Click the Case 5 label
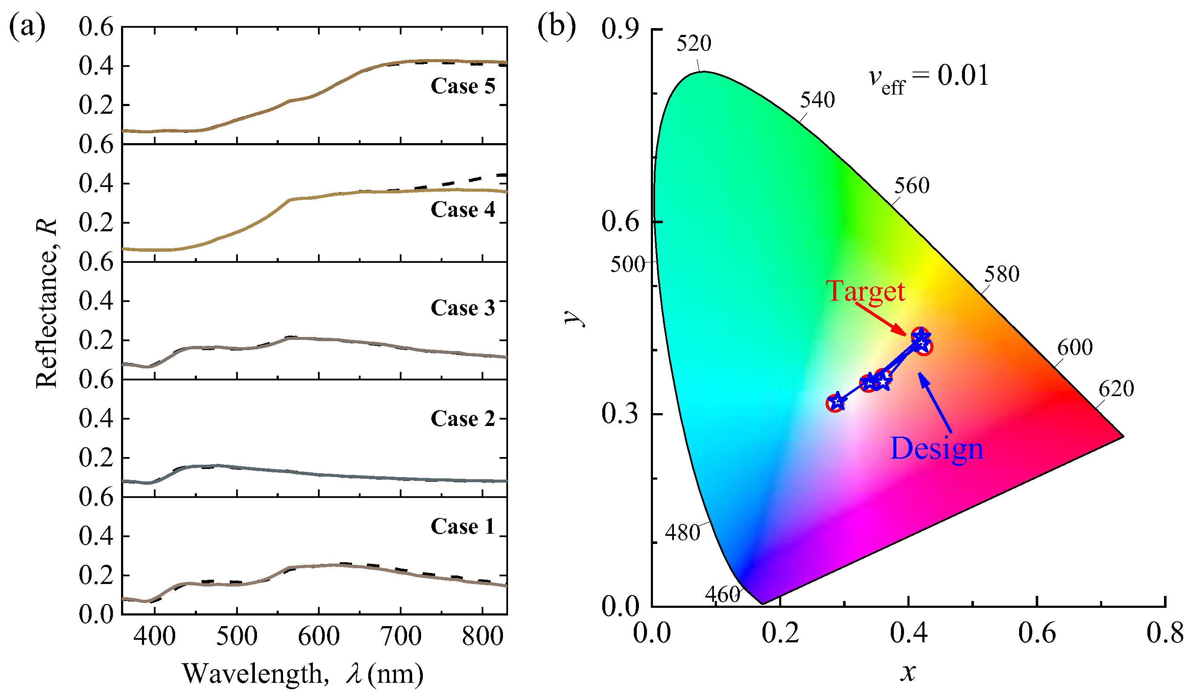click(x=463, y=86)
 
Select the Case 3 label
click(x=463, y=308)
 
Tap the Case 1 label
click(x=463, y=526)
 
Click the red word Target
click(x=865, y=291)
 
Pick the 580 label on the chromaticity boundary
click(x=1002, y=274)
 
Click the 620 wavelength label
click(x=1116, y=389)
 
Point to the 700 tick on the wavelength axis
click(x=401, y=636)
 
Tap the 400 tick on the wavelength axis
click(x=154, y=636)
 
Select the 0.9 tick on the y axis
click(x=620, y=29)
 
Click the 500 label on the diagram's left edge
click(x=627, y=264)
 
